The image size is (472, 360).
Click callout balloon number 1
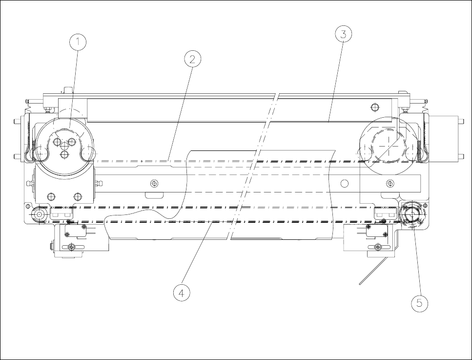click(78, 42)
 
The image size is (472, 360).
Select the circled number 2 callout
click(192, 59)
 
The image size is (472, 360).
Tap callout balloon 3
click(343, 34)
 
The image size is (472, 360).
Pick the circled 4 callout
click(182, 293)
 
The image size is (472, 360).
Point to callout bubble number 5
click(419, 303)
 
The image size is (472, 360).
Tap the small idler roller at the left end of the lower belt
click(39, 214)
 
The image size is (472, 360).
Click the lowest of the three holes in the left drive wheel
click(64, 154)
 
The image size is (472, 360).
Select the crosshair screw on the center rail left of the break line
click(154, 183)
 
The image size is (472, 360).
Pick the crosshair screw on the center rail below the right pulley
click(390, 183)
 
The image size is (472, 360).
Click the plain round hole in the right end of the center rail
click(345, 183)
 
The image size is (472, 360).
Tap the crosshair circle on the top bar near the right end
click(374, 107)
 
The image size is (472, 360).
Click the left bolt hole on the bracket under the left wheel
click(50, 197)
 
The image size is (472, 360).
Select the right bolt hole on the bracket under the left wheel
click(77, 197)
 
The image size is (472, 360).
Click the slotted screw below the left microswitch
click(71, 247)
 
